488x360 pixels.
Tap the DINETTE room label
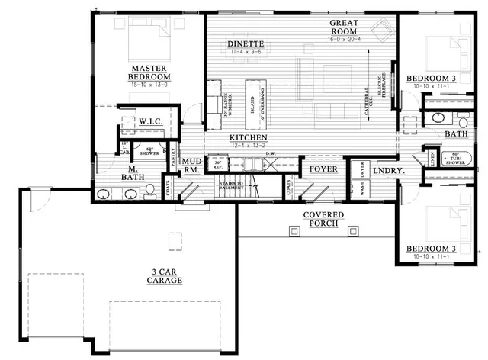pos(246,44)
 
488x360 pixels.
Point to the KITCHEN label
pos(249,137)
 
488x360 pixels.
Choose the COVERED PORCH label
pos(323,219)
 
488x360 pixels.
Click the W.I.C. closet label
pos(147,121)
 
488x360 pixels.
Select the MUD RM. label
pos(191,166)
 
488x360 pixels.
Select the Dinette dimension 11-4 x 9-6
pos(246,52)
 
